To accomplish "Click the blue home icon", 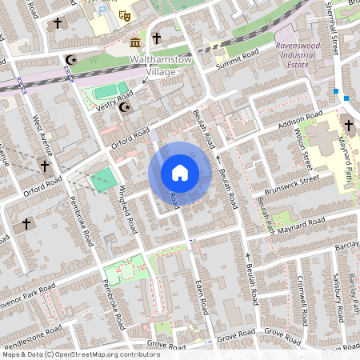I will point(180,172).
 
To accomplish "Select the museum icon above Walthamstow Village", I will point(135,41).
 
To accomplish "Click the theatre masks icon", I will point(124,14).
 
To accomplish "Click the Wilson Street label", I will point(302,148).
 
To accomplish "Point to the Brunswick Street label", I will point(291,185).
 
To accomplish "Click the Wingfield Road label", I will point(129,209).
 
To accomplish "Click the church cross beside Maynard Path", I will point(348,125).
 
